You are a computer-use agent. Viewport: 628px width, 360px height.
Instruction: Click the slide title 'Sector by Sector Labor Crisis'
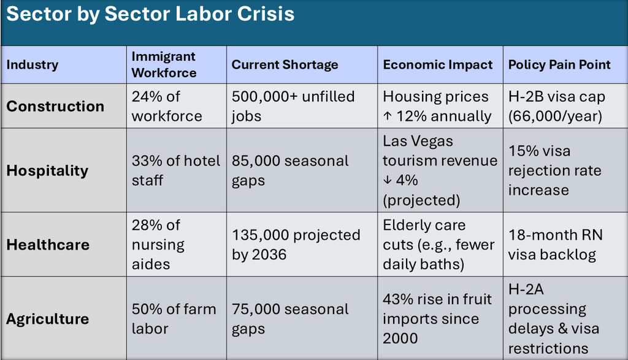[x=150, y=14]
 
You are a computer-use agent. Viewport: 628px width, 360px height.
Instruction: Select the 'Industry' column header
[x=33, y=64]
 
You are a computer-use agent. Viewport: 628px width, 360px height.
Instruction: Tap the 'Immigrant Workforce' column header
[x=164, y=64]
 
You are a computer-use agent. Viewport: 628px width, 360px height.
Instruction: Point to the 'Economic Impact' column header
[x=438, y=64]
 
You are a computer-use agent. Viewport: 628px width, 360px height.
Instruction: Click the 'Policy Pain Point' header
[x=559, y=64]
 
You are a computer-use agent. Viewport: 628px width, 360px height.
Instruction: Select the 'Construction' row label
[x=55, y=106]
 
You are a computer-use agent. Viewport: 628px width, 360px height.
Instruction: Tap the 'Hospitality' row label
[x=47, y=170]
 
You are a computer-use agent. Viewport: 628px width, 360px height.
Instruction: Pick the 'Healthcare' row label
[x=48, y=245]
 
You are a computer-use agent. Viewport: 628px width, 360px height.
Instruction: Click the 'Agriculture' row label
[x=48, y=319]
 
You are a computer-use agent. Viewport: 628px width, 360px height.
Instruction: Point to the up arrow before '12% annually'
[x=388, y=116]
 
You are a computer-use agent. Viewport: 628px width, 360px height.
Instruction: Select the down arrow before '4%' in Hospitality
[x=388, y=180]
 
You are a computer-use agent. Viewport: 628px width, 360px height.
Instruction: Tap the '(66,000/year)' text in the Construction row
[x=555, y=116]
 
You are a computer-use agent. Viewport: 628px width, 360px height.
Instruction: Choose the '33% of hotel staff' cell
[x=176, y=170]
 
